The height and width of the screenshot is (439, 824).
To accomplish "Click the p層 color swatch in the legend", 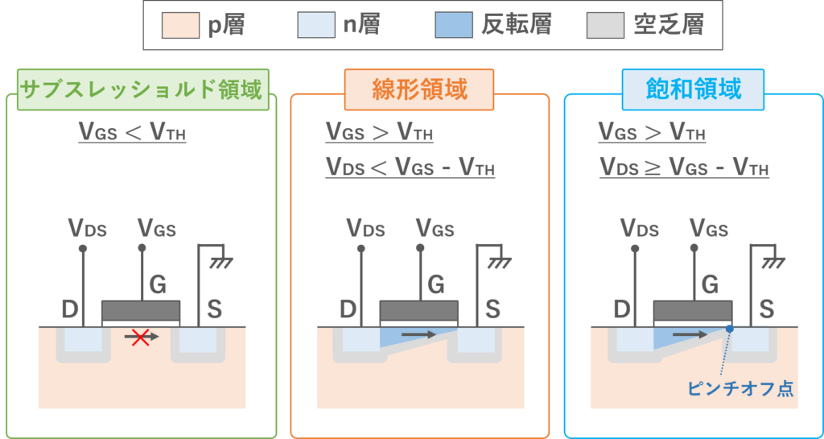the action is tap(180, 25).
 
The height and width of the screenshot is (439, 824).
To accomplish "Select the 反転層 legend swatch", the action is tap(454, 25).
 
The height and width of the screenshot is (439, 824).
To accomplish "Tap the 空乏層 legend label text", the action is tap(669, 25).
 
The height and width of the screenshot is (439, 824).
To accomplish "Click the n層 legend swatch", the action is tap(316, 25).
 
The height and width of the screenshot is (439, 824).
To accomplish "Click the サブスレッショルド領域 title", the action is tap(143, 90).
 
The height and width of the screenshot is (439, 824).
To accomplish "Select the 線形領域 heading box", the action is tap(418, 90).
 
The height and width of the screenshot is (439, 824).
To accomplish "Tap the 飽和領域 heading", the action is tap(693, 90).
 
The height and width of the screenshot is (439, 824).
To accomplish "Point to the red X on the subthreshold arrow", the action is tap(140, 338).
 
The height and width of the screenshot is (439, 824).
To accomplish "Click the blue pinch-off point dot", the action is tap(729, 329).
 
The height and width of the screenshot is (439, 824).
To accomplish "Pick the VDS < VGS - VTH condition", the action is tap(410, 168).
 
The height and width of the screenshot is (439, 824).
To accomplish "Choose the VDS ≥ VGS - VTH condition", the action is tap(684, 168).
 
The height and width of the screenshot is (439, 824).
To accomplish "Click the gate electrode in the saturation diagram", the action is tap(692, 310).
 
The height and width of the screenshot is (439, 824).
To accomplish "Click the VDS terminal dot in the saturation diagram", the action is tap(635, 248).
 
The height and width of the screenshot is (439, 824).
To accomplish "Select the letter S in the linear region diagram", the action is tap(492, 310).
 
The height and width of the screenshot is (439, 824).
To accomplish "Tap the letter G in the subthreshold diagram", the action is tap(159, 285).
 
